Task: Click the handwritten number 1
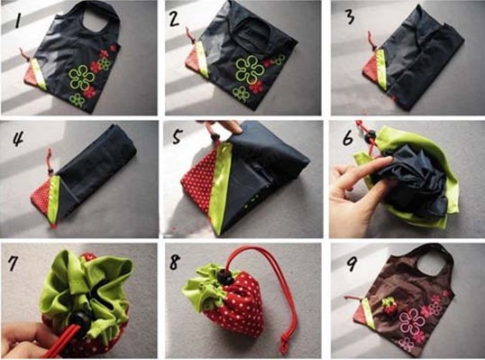coord(18,21)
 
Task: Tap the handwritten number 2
coord(174,19)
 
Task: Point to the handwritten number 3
coord(350,17)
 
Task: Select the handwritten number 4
coord(18,138)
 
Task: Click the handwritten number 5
coord(177,136)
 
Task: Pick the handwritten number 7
coord(13,263)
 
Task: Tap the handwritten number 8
coord(175,263)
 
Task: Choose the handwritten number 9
coord(352,263)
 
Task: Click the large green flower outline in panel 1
coord(81,78)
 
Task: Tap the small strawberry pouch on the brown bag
coord(390,306)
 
